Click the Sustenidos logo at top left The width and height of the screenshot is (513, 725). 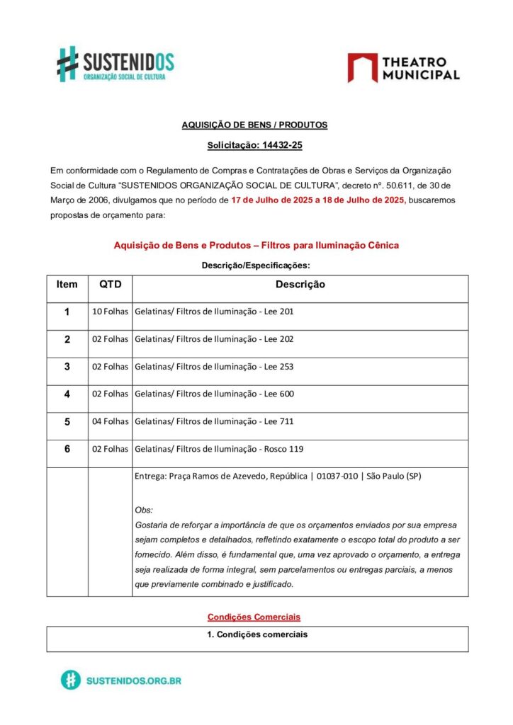point(115,64)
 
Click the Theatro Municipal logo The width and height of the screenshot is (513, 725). point(403,67)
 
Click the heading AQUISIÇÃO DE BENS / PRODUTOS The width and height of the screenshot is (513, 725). point(254,125)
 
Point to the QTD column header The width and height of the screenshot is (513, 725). point(110,285)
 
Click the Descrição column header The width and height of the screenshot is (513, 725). point(300,285)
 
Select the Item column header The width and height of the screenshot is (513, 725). point(67,285)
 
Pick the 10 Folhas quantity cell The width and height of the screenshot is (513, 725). point(110,312)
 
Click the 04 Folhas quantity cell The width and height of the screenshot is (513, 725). point(110,421)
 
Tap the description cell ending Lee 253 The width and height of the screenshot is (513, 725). point(214,367)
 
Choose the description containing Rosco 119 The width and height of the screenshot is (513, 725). point(219,449)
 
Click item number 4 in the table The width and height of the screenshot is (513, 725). point(67,394)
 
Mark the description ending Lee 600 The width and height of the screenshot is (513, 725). point(214,394)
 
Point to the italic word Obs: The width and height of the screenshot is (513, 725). point(144,510)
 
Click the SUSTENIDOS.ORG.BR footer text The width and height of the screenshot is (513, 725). point(133,680)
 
